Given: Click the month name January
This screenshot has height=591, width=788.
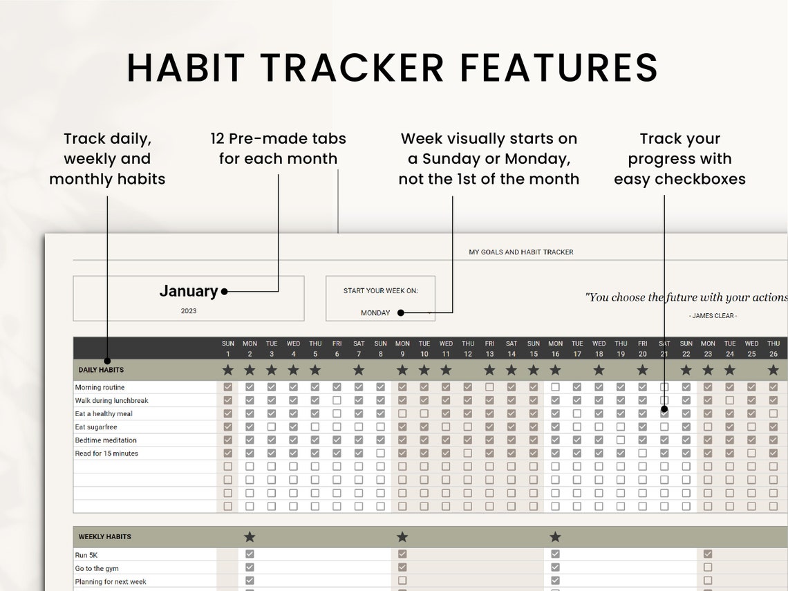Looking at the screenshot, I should (188, 291).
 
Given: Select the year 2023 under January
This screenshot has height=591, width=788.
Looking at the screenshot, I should (189, 311).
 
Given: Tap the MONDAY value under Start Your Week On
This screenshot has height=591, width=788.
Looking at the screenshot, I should (375, 313).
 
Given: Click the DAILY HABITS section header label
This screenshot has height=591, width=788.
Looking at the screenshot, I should (101, 370).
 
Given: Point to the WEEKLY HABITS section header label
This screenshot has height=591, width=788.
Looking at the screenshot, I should (104, 536).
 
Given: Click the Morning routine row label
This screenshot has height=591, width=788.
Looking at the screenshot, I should (100, 387).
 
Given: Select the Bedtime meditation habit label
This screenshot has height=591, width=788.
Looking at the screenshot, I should (106, 440).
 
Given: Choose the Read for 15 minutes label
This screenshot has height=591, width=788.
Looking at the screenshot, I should (106, 453).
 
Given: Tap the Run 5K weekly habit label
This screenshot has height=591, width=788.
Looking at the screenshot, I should (86, 554).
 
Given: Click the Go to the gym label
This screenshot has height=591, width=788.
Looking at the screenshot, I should (97, 568).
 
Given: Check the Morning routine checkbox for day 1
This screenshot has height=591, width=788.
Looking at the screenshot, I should (228, 387).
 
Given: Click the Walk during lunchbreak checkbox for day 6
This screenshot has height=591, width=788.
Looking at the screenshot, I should (337, 400).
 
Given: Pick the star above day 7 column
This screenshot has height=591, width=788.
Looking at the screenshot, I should (359, 370).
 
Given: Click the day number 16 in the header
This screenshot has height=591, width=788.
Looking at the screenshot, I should (555, 354).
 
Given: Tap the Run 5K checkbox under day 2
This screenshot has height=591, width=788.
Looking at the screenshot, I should (250, 554).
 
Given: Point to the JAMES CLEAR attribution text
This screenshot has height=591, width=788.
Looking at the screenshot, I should (713, 316).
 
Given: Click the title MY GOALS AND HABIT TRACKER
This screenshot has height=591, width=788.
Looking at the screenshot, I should (520, 252).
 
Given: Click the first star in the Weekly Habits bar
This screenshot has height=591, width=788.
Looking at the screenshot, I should (250, 536).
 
